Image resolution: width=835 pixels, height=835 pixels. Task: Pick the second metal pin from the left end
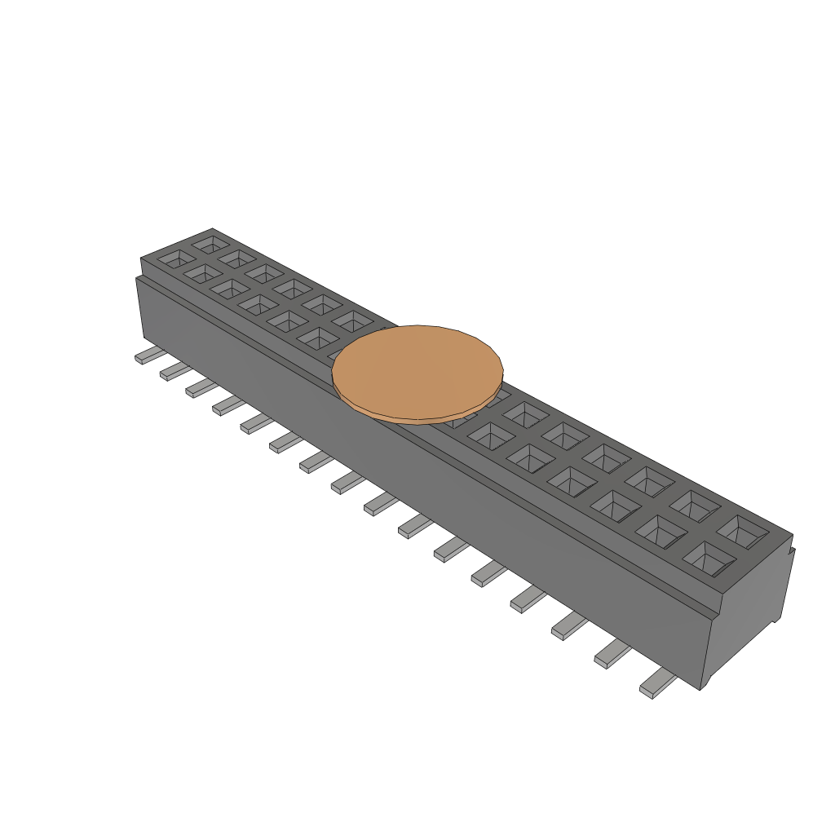pyautogui.click(x=175, y=371)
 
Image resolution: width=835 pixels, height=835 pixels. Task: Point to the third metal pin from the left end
pyautogui.click(x=201, y=387)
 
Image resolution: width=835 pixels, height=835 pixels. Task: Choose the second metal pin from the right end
pyautogui.click(x=612, y=653)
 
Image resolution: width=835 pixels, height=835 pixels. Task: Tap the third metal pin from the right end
pyautogui.click(x=569, y=626)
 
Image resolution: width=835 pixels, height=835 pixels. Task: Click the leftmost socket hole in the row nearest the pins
pyautogui.click(x=176, y=258)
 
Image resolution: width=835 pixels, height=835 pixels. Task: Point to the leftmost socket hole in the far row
pyautogui.click(x=210, y=243)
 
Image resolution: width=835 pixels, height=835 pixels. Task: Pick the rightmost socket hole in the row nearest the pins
pyautogui.click(x=705, y=559)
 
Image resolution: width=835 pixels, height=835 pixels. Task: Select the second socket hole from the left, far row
pyautogui.click(x=237, y=258)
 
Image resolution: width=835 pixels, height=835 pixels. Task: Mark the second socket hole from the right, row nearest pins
pyautogui.click(x=660, y=532)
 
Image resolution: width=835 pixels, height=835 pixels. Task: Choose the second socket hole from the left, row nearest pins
pyautogui.click(x=203, y=273)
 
